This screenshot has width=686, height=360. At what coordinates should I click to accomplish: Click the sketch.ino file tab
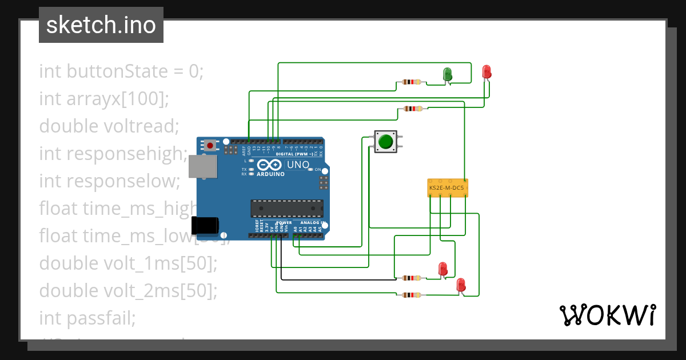click(101, 25)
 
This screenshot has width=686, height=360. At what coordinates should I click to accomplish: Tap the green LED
click(448, 74)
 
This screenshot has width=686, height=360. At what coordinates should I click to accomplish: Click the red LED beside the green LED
click(486, 72)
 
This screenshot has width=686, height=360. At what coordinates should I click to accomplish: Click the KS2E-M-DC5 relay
click(448, 187)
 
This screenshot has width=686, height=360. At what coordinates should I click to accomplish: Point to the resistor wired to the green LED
click(412, 82)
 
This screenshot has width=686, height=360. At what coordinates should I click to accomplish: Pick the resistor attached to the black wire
click(412, 278)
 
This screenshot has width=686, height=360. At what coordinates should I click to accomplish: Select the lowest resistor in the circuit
click(412, 295)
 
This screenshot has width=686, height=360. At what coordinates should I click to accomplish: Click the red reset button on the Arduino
click(210, 145)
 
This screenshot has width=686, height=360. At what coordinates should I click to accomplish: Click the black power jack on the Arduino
click(204, 226)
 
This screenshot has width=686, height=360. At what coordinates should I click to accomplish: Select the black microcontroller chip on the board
click(286, 209)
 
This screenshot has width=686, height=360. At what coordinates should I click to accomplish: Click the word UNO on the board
click(297, 165)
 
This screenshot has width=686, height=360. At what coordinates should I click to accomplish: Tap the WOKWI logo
click(607, 315)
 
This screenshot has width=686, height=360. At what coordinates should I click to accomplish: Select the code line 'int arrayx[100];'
click(104, 99)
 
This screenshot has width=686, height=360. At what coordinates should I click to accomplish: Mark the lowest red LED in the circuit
click(461, 285)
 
